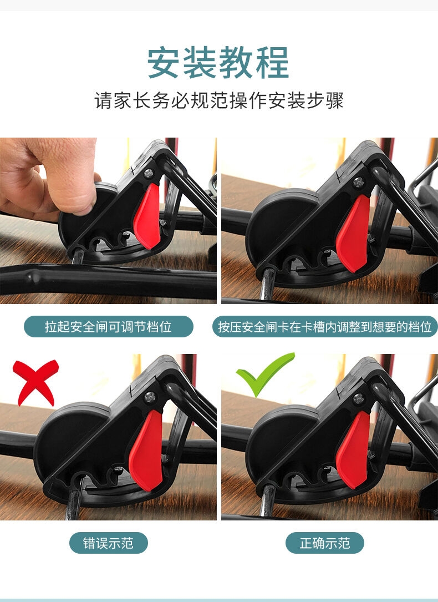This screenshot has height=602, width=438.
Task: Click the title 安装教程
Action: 218,63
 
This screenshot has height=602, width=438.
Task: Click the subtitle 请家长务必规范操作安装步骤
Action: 219,101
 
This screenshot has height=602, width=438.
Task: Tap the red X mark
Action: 35,381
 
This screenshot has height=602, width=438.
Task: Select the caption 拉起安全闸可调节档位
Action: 108,327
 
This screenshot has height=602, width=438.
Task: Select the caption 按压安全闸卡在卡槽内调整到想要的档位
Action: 325,327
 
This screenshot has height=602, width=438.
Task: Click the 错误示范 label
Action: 108,543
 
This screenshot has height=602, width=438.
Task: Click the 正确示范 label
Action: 325,543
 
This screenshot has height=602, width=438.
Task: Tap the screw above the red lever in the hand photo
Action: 149,174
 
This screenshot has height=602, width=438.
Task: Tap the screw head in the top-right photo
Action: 358,182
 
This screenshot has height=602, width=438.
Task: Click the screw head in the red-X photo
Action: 150,398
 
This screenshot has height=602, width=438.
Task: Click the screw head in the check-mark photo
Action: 358,398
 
